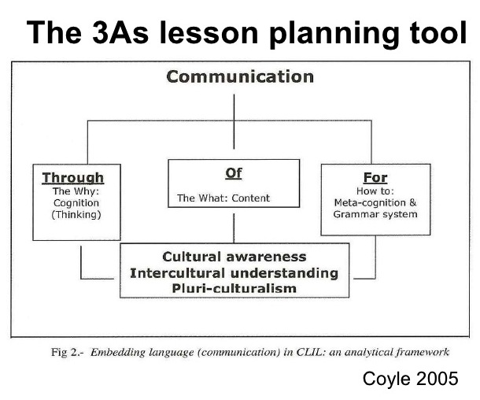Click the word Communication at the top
240,77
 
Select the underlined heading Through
72,178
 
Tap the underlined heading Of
234,172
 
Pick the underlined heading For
375,177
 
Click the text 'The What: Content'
223,198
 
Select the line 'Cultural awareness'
234,257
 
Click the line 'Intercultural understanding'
234,272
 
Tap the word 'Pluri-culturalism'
234,288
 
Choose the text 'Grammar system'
375,214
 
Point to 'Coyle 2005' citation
410,380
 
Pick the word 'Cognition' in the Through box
72,202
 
